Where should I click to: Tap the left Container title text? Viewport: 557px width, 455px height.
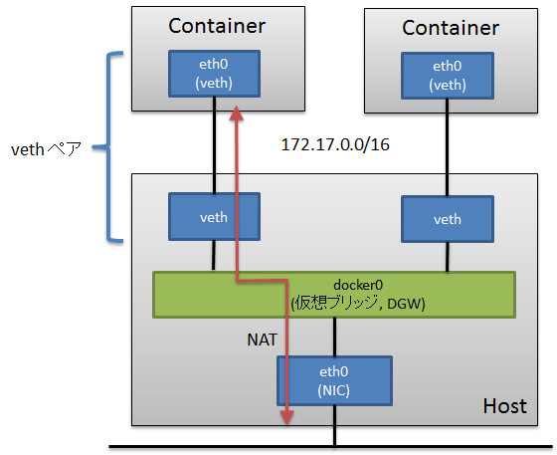[x=216, y=26]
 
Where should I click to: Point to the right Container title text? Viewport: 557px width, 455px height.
[x=450, y=28]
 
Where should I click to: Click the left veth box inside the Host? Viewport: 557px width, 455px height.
[x=213, y=217]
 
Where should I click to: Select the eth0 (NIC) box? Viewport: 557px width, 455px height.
[x=334, y=380]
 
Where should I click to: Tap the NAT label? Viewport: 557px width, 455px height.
[x=262, y=340]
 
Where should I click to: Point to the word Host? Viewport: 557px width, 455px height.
[x=504, y=406]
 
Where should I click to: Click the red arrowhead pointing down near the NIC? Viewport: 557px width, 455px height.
[x=287, y=419]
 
